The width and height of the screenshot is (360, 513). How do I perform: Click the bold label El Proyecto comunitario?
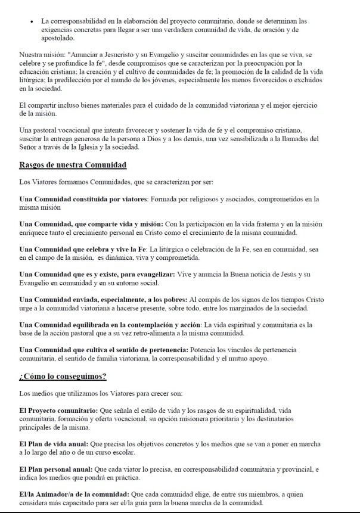point(62,411)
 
